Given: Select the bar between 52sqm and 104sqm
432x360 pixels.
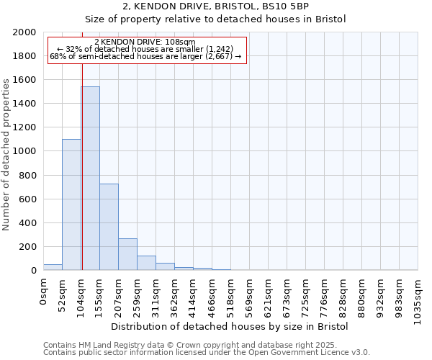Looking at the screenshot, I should point(71,204).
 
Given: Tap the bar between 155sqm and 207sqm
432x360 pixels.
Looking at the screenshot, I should point(109,227).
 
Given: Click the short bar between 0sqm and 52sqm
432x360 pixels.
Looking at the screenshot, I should point(53,267).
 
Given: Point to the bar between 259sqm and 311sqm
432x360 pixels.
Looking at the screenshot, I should point(146,263).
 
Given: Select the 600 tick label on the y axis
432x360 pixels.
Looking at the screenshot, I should point(27,199).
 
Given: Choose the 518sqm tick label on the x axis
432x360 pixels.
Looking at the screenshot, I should point(231,298).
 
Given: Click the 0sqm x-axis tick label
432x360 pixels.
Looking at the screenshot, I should point(44,292).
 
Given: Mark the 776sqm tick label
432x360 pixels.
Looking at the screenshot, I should point(325,298).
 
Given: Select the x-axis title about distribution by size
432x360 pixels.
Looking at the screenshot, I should point(230,326).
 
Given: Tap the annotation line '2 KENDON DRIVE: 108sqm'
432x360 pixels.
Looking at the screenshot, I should point(145,42).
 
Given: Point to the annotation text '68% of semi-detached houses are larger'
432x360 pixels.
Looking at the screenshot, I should point(145,57).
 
